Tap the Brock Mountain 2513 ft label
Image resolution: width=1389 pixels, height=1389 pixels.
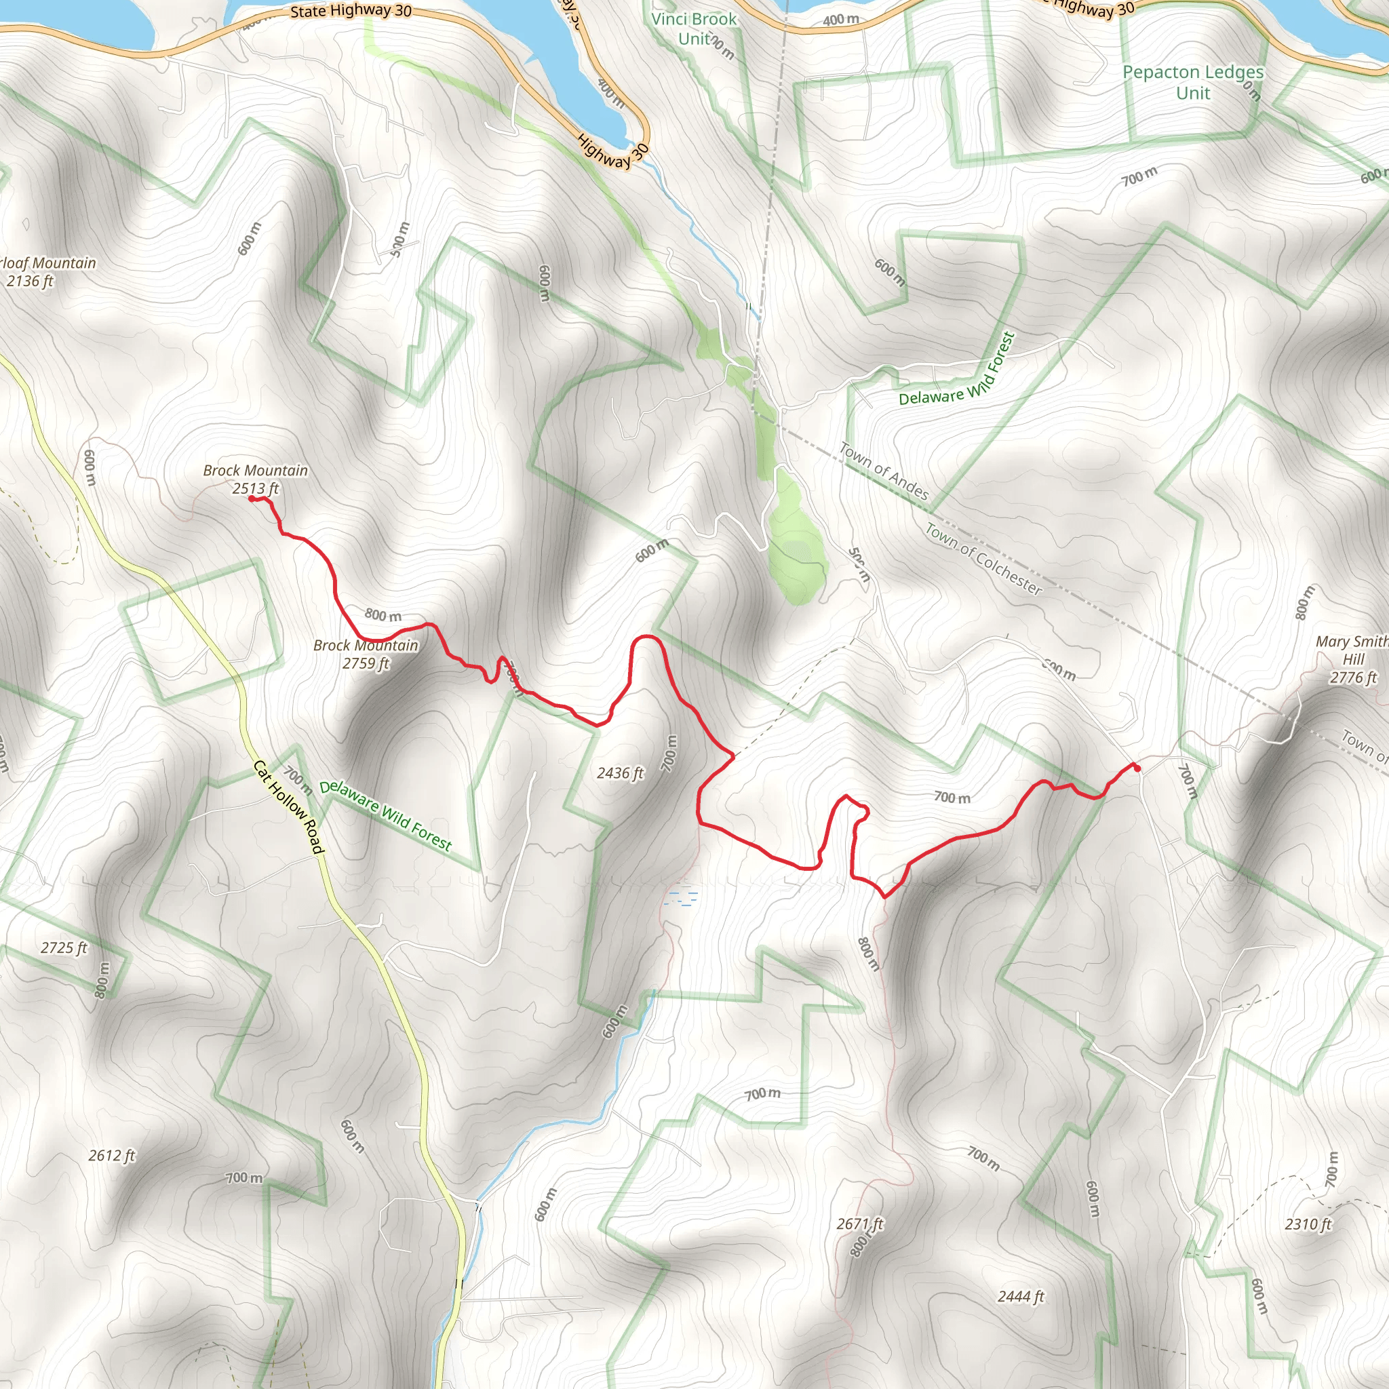[x=255, y=480]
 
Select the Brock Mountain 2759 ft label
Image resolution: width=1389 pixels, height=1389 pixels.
[x=366, y=654]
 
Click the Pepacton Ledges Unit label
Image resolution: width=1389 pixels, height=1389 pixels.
[x=1193, y=82]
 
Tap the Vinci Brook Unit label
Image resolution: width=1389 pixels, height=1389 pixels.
[x=694, y=28]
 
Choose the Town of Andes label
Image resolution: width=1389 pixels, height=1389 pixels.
[x=884, y=471]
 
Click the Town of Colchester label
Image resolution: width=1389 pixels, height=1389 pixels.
[x=983, y=560]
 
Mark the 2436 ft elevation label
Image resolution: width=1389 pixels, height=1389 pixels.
[x=620, y=774]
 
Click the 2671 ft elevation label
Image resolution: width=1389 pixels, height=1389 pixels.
[x=860, y=1224]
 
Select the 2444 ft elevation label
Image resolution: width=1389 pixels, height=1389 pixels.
[x=1020, y=1296]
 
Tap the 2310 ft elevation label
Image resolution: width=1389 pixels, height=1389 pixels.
[x=1308, y=1224]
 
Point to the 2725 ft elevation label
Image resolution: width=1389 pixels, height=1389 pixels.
[x=63, y=947]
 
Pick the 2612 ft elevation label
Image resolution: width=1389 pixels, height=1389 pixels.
[x=111, y=1155]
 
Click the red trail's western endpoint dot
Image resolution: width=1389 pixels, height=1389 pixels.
[x=252, y=498]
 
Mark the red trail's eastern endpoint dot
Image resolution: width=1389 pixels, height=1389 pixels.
[x=1137, y=768]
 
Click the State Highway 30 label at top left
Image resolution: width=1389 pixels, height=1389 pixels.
[x=351, y=11]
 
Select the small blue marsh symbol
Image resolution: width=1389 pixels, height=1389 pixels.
[x=681, y=898]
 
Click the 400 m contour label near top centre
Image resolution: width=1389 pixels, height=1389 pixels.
[x=840, y=20]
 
